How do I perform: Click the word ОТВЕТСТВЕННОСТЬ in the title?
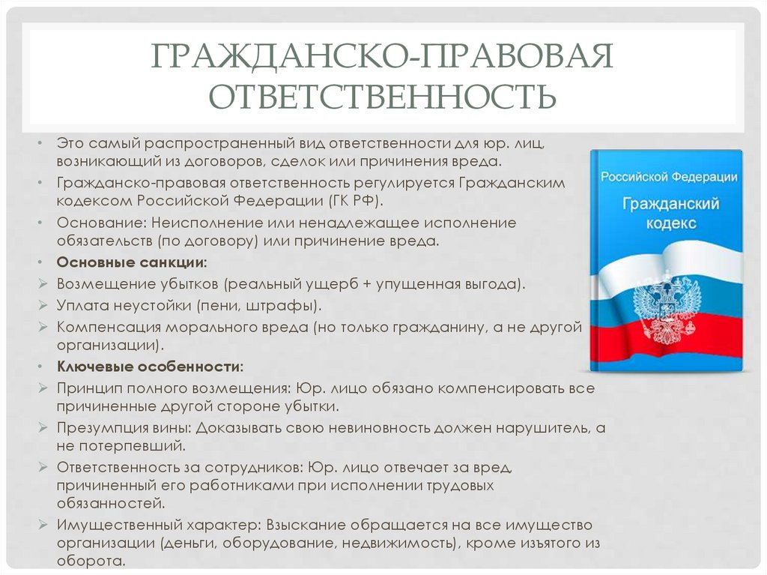[x=382, y=96]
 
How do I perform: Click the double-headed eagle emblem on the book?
[x=666, y=307]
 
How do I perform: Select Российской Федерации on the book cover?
[x=668, y=178]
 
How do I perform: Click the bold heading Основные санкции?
[x=132, y=263]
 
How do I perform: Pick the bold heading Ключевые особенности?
[x=150, y=367]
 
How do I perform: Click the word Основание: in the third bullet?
[x=101, y=223]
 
